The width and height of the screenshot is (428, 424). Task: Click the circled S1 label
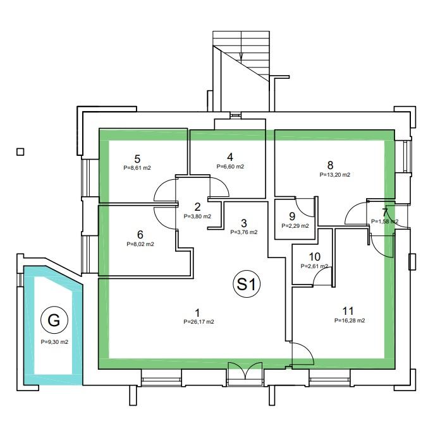[x=248, y=285]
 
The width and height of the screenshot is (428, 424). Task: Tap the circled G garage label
[x=54, y=321]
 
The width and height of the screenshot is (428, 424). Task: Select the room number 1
[x=197, y=313]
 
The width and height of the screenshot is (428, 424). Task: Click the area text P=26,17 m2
[x=197, y=322]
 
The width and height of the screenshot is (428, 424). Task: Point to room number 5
[x=137, y=159]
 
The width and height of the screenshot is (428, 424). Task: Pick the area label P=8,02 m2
[x=140, y=244]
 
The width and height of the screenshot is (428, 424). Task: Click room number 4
[x=230, y=157]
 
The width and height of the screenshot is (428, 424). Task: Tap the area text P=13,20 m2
[x=335, y=174]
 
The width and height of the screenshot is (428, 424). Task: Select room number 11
[x=348, y=311]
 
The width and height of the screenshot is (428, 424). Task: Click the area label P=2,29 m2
[x=295, y=226]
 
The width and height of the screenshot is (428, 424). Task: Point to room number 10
[x=315, y=257]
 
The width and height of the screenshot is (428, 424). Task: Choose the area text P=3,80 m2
[x=197, y=216]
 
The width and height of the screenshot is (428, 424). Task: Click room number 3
[x=243, y=223]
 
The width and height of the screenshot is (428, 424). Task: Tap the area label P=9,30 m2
[x=54, y=342]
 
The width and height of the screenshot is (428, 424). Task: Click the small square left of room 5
[x=20, y=151]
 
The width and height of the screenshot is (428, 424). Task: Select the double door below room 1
[x=243, y=372]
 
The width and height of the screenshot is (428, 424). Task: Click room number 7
[x=385, y=212]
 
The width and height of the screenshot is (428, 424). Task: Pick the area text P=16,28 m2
[x=350, y=321]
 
